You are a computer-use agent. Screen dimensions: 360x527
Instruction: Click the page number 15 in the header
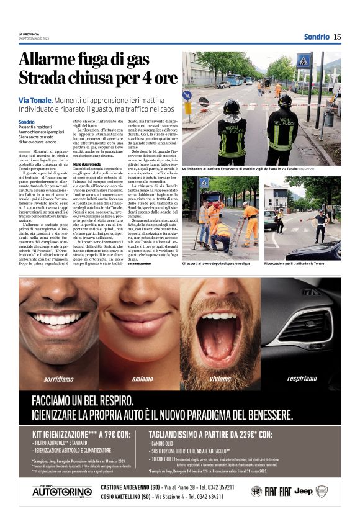(337, 37)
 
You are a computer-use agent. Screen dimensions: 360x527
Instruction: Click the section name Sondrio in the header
(317, 37)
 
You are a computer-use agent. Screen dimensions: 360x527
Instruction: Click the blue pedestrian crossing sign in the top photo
(304, 60)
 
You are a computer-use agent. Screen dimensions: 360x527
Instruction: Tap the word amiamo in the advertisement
(143, 378)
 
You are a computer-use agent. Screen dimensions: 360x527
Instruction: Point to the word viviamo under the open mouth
(220, 378)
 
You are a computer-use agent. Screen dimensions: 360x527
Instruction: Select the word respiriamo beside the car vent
(302, 378)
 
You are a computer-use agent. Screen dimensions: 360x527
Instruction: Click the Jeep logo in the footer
(303, 491)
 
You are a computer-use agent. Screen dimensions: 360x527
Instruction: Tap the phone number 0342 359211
(217, 487)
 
